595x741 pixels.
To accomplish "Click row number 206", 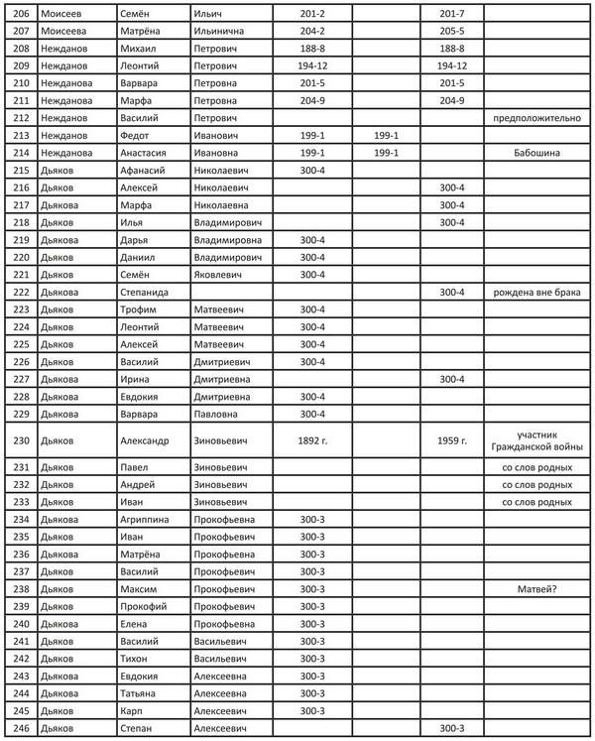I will pos(19,12).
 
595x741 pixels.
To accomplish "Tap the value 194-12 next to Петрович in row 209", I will pos(313,65).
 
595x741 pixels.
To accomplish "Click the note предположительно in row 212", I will pos(537,118).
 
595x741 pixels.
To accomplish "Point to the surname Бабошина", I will pos(537,154).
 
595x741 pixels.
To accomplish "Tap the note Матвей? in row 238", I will pos(537,589).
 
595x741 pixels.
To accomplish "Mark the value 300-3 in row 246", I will pos(451,729).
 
